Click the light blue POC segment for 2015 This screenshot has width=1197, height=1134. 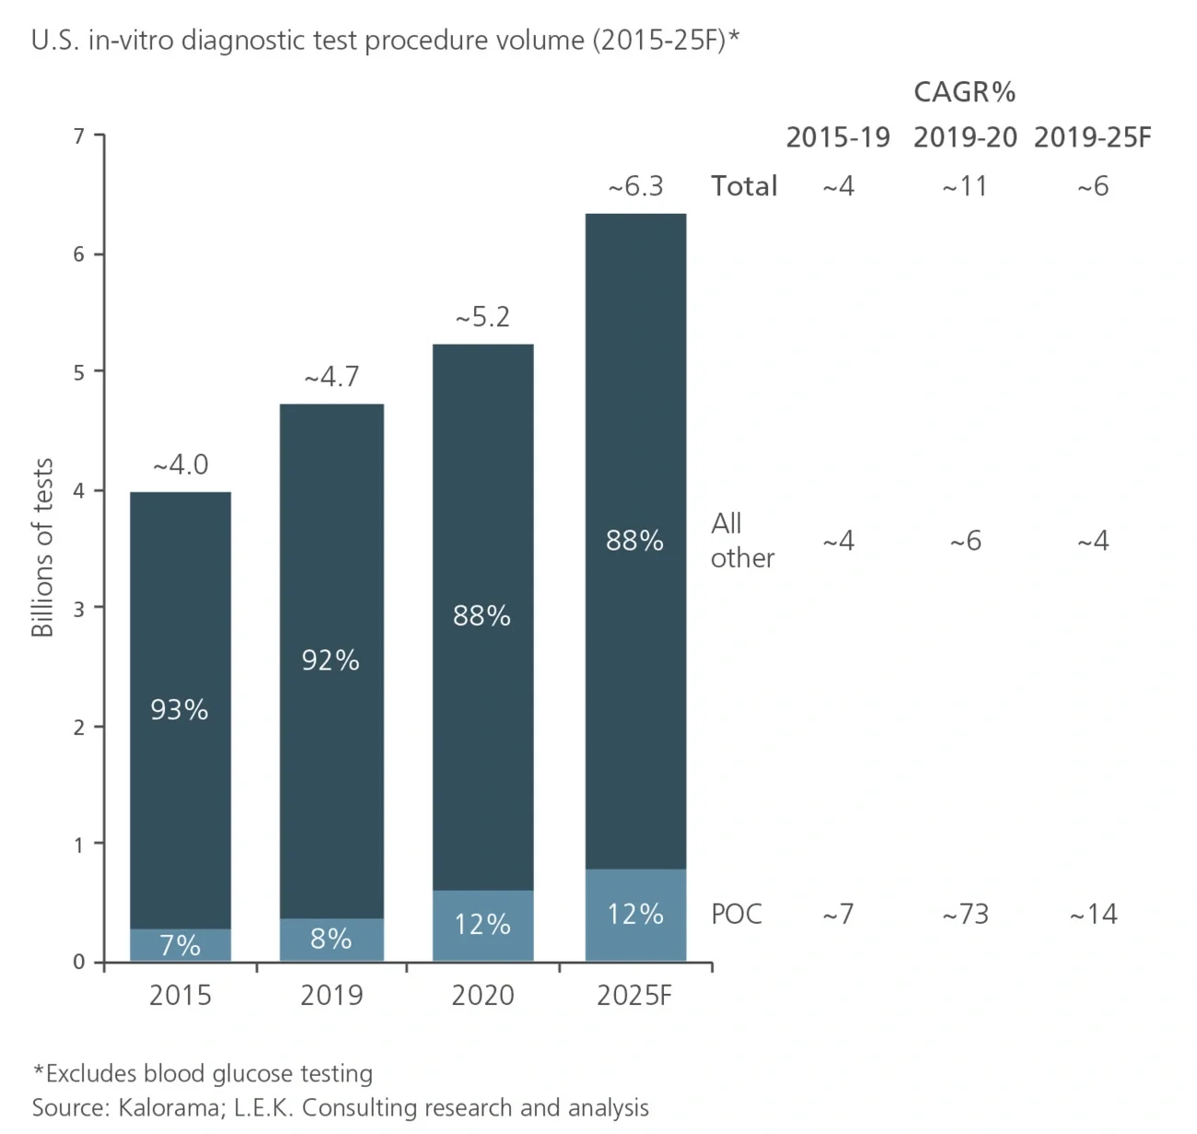(180, 945)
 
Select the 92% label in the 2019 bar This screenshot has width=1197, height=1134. (331, 660)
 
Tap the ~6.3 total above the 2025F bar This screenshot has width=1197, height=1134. (635, 187)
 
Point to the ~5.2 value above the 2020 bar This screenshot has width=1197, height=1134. (482, 318)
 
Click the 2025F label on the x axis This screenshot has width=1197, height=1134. (634, 996)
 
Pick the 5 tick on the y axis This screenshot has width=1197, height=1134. (79, 372)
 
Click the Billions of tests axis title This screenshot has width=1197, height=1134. (42, 548)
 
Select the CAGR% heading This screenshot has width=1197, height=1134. (964, 92)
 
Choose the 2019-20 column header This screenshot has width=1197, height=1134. (965, 138)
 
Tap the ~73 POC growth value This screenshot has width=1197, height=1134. (965, 914)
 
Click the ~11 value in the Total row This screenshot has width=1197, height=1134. (965, 187)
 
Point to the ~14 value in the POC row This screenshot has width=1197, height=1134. (1093, 914)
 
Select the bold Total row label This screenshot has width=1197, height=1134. (744, 186)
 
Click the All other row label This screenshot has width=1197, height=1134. (742, 541)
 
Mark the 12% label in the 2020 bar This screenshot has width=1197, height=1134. (482, 924)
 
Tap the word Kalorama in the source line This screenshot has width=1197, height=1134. (169, 1107)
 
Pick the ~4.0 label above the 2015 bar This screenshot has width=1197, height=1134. (180, 465)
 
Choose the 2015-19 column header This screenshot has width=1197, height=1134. (838, 138)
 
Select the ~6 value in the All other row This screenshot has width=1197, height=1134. (965, 541)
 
